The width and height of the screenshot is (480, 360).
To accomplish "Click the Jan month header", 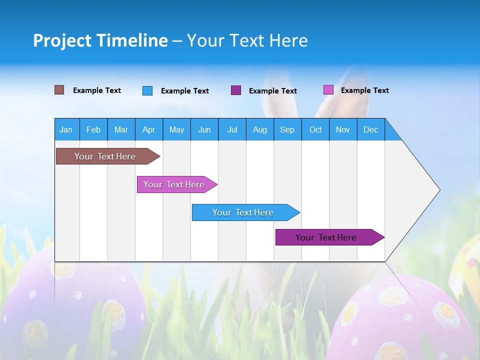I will pos(66,129).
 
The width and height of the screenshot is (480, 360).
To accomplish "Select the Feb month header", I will pos(93,129).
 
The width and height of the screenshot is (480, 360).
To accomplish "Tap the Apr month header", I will pos(148,129).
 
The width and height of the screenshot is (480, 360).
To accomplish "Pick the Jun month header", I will pos(204,129).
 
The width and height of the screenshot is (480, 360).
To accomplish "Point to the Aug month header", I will pos(259,129).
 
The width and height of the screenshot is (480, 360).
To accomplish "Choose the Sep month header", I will pos(287,129).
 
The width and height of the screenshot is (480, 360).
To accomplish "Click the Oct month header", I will pos(315,129).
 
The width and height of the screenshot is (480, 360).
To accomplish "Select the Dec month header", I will pos(370,129).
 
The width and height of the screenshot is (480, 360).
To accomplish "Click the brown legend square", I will pos(59,90).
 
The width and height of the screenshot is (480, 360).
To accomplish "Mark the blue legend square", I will pos(147,90).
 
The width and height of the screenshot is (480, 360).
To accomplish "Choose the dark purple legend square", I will pos(236,90).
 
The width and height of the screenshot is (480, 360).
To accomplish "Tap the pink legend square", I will pos(328,90).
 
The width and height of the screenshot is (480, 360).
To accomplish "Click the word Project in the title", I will pos(62,40).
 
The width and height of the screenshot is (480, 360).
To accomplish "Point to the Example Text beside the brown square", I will pos(97,90).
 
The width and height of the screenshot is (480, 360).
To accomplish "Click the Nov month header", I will pos(343,129).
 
